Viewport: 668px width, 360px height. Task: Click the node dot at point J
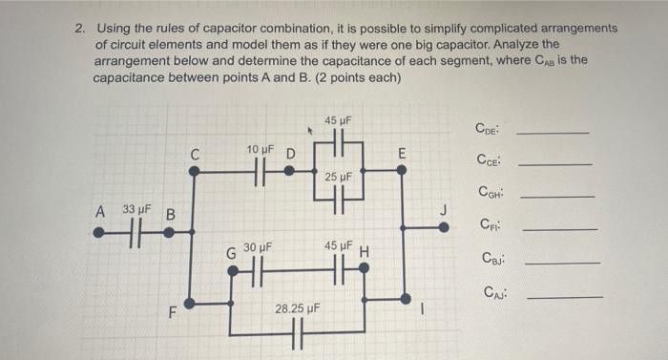click(444, 227)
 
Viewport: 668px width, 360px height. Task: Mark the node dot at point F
click(192, 304)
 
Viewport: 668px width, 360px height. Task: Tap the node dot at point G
click(232, 271)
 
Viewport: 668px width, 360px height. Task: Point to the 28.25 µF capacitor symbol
click(297, 335)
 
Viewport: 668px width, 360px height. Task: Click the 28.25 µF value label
click(297, 309)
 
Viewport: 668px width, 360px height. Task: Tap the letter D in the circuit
click(291, 153)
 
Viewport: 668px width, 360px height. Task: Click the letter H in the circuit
click(365, 253)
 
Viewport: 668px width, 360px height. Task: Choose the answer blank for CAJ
click(565, 297)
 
